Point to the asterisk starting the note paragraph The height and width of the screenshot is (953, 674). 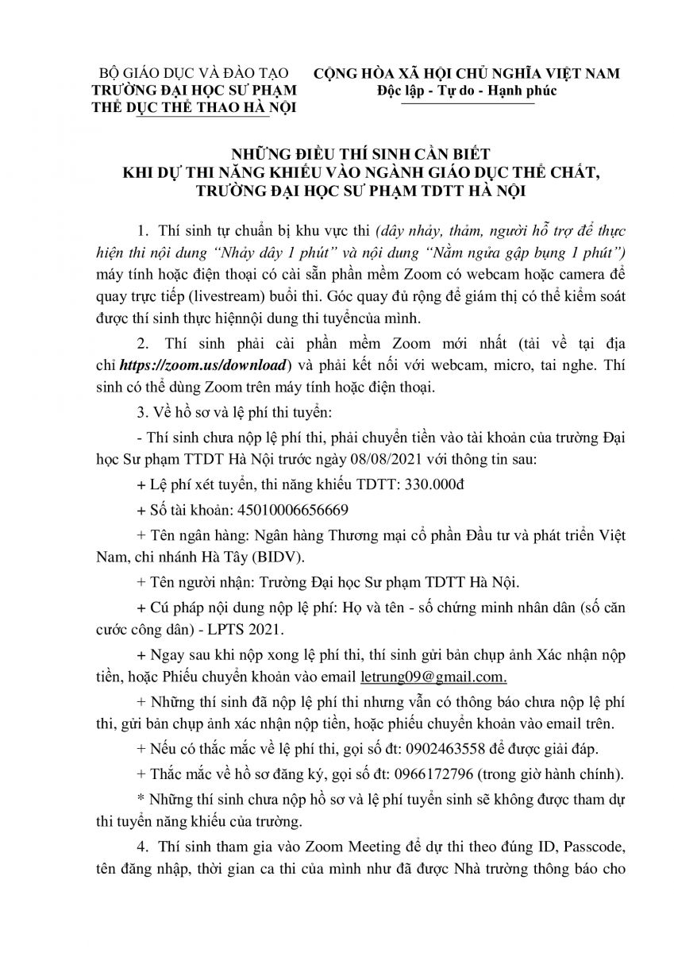tap(140, 799)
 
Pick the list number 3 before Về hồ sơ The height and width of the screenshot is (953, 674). tap(140, 411)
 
